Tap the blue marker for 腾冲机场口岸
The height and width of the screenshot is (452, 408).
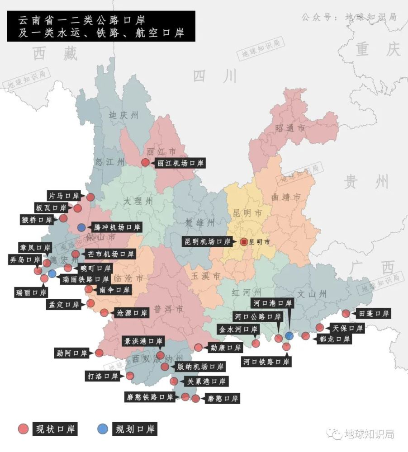pyautogui.click(x=81, y=227)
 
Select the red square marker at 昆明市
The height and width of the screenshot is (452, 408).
pyautogui.click(x=244, y=242)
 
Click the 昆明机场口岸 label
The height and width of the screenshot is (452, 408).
pyautogui.click(x=207, y=242)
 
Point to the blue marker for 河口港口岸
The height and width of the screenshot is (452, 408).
pyautogui.click(x=289, y=336)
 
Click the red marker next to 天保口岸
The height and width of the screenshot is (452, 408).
pyautogui.click(x=320, y=328)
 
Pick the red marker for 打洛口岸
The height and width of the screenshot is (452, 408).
pyautogui.click(x=130, y=376)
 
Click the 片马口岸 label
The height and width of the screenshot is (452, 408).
pyautogui.click(x=64, y=196)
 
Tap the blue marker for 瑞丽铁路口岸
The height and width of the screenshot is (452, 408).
pyautogui.click(x=52, y=273)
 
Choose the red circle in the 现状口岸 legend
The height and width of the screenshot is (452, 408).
pyautogui.click(x=23, y=429)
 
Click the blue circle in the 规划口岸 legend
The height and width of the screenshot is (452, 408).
pyautogui.click(x=103, y=429)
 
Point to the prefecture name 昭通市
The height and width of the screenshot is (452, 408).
pyautogui.click(x=290, y=128)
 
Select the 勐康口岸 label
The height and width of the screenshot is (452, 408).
pyautogui.click(x=226, y=348)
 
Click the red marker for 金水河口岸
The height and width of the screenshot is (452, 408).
pyautogui.click(x=256, y=344)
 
